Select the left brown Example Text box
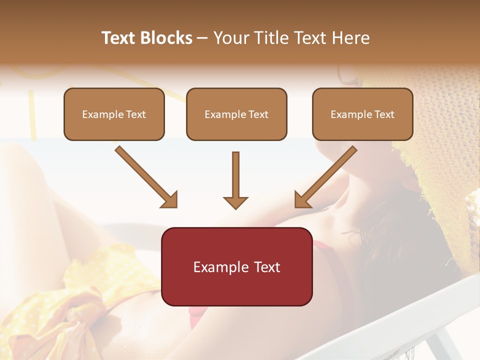(114, 114)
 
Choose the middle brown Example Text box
(236, 114)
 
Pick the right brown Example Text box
(362, 114)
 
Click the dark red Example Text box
(236, 266)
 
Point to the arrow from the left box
(145, 176)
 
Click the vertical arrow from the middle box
(235, 177)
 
